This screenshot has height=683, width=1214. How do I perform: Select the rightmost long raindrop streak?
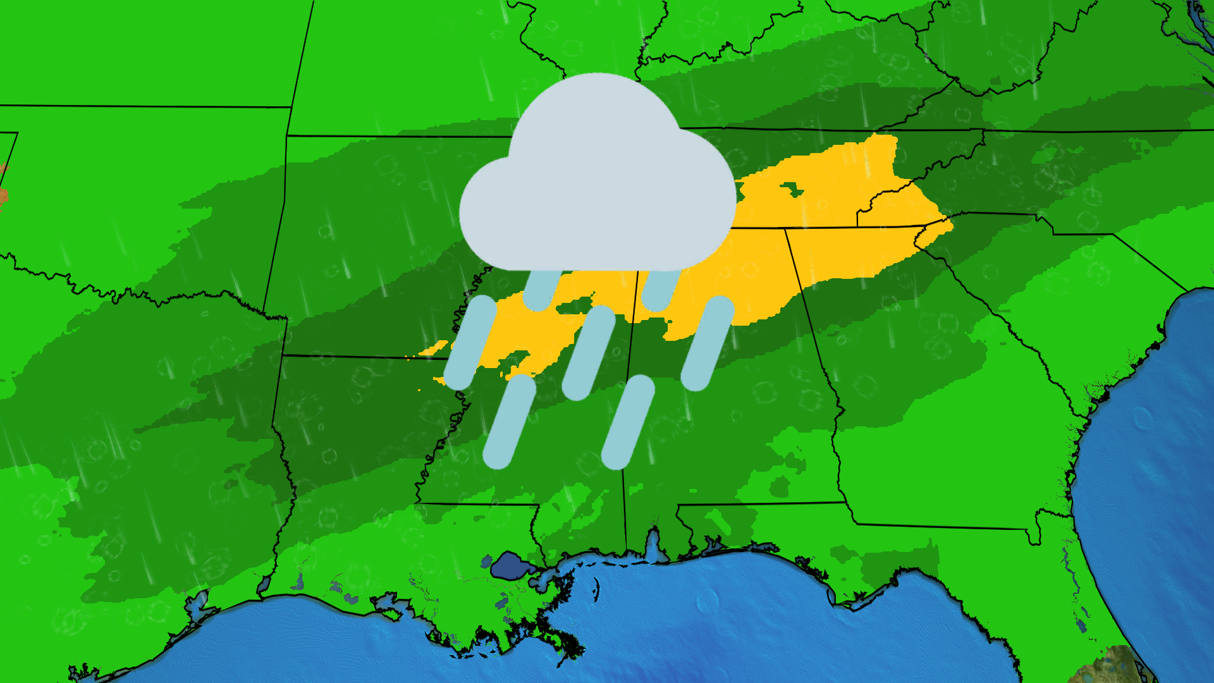coord(708,343)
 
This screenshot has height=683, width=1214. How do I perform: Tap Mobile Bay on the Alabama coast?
coord(652,544)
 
